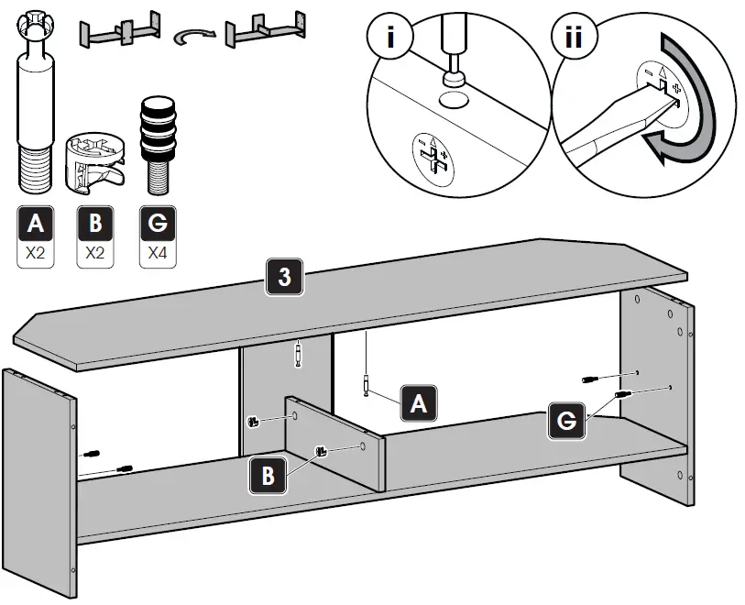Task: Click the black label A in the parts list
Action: (x=35, y=224)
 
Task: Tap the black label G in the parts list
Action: (x=157, y=224)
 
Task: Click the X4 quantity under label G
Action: (x=157, y=252)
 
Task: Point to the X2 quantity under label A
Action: (x=35, y=252)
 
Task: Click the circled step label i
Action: (x=390, y=38)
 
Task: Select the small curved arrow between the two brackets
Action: (x=194, y=34)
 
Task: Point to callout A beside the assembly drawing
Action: (x=418, y=402)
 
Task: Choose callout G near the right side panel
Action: (x=567, y=421)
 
